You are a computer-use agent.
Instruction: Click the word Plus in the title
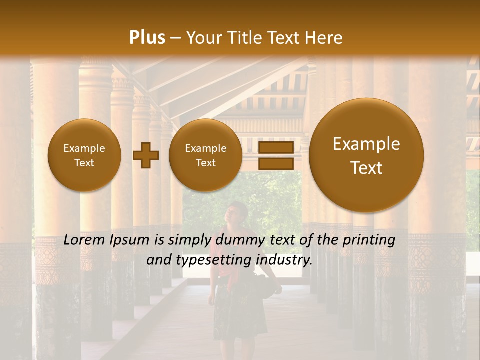pos(147,38)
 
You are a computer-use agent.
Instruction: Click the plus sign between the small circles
pos(145,155)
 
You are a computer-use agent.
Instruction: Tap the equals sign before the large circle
pos(275,155)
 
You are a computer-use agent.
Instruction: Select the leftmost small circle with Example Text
pos(84,155)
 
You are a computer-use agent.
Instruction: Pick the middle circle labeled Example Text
pos(205,155)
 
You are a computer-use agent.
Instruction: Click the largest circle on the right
pos(366,155)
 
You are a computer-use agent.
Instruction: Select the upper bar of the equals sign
pos(275,148)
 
